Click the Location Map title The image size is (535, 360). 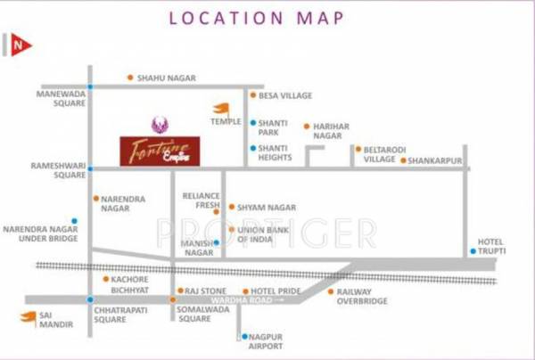(x=267, y=17)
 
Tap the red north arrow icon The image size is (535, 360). (x=20, y=45)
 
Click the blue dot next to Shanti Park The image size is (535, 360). (x=253, y=123)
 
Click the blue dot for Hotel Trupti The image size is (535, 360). (x=473, y=251)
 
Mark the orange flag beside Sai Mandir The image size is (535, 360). (x=30, y=316)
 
